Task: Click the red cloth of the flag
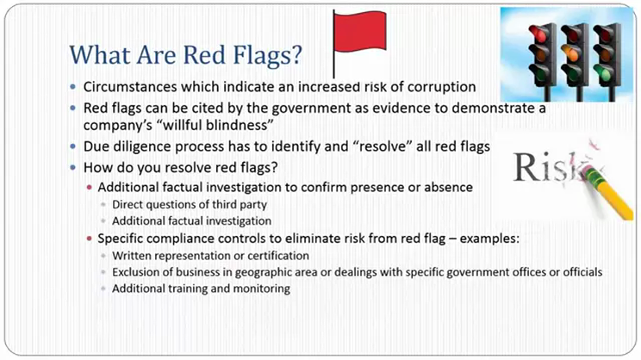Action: click(x=360, y=32)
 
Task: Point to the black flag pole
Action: click(x=333, y=44)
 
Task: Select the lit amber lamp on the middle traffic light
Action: click(x=570, y=53)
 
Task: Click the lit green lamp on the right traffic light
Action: click(x=602, y=73)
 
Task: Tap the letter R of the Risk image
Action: click(x=526, y=167)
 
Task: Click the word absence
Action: click(x=448, y=187)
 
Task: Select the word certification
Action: click(x=278, y=256)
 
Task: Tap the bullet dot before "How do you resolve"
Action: click(x=72, y=168)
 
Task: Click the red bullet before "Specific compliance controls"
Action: click(x=89, y=239)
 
